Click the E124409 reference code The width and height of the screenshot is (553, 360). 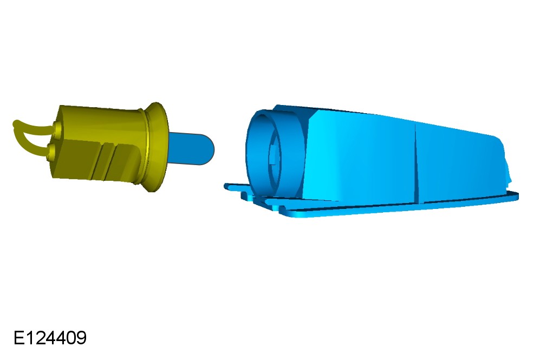[50, 338]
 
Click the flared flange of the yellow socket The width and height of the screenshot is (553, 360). [155, 147]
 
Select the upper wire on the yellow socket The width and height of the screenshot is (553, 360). [34, 126]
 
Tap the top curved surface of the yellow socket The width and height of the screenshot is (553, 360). [102, 120]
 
